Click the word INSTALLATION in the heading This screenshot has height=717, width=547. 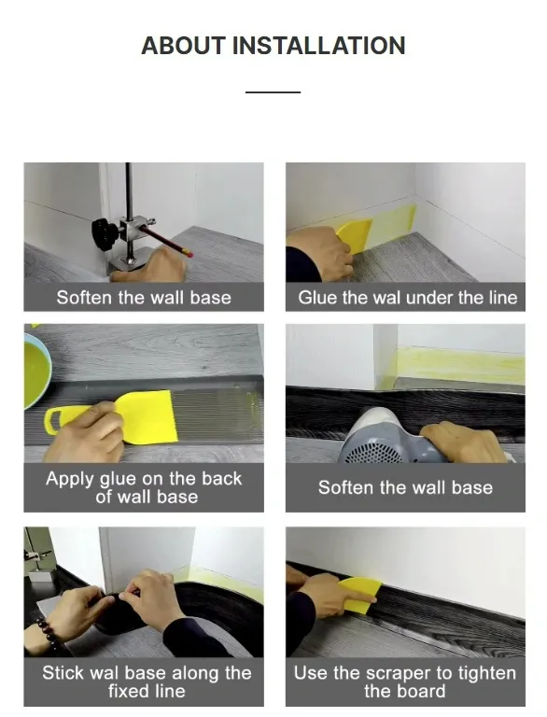(319, 46)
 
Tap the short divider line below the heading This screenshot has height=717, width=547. (273, 92)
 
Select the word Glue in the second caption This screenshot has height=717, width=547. (317, 298)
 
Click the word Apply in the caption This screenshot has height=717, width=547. (71, 479)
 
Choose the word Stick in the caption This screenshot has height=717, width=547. (63, 672)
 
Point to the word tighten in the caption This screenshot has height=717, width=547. (483, 672)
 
